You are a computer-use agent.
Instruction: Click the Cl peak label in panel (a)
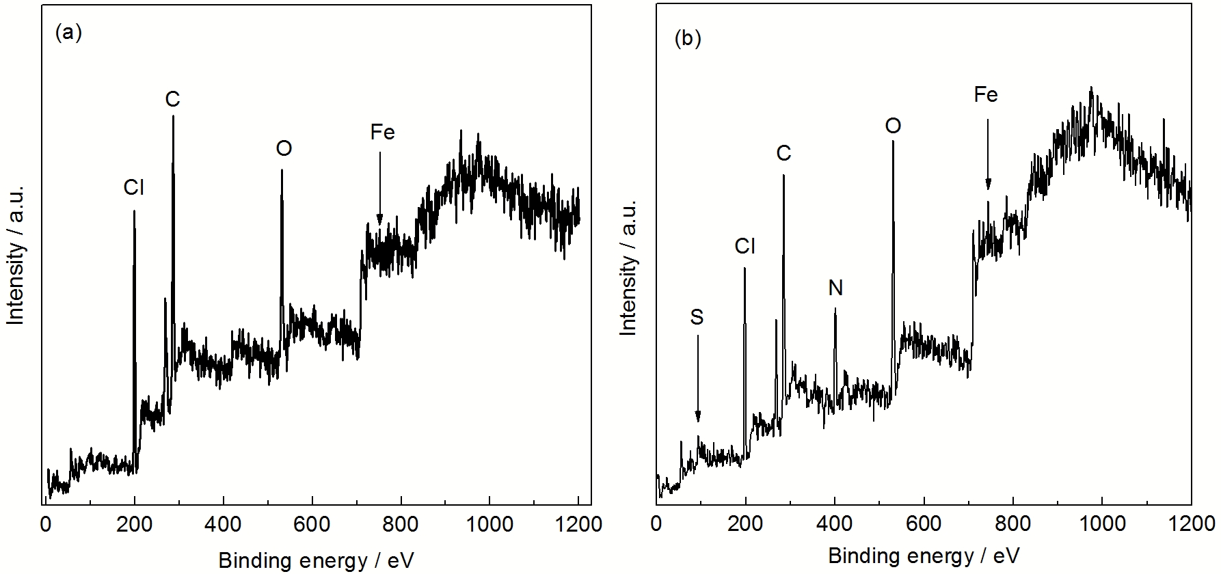134,188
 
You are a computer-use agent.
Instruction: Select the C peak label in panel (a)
172,100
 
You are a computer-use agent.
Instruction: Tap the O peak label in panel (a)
284,149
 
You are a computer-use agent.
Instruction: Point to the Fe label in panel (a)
382,133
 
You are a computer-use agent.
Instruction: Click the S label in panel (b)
697,317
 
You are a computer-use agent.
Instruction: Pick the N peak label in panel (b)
835,288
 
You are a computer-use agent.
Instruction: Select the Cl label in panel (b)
744,247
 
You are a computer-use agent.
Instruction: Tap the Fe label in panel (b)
986,96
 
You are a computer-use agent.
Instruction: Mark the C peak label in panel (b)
783,154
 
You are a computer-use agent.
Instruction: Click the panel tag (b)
688,39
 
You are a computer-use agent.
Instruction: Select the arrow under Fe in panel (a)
380,187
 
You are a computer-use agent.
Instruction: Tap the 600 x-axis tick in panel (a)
312,525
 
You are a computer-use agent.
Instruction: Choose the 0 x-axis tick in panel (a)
46,525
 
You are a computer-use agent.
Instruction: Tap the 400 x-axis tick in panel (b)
835,525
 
